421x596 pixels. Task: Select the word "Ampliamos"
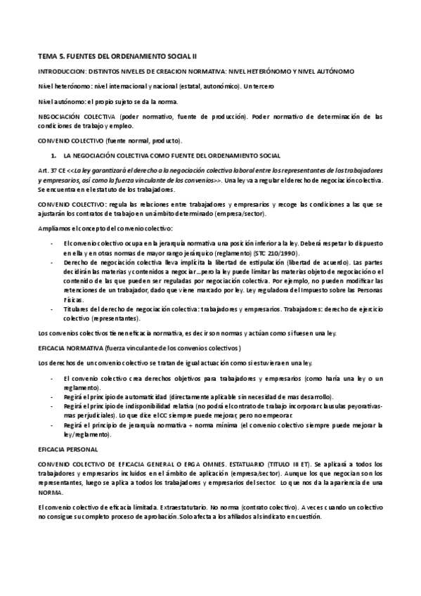pyautogui.click(x=54, y=228)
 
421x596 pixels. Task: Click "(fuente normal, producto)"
pyautogui.click(x=127, y=141)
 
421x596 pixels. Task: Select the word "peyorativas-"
pyautogui.click(x=363, y=406)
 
